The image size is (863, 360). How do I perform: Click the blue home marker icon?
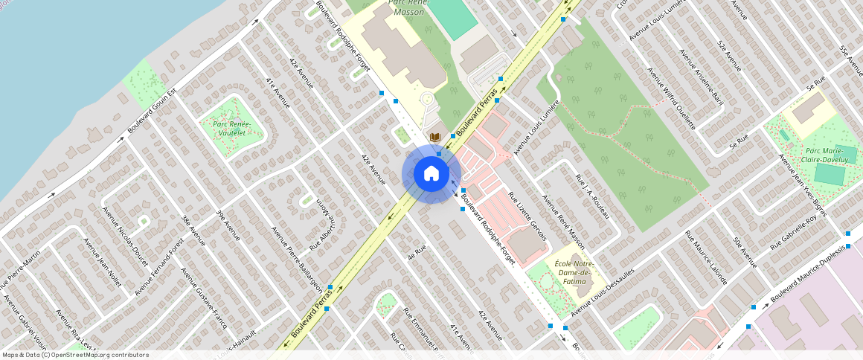click(431, 174)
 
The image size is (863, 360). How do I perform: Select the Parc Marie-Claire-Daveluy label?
click(827, 155)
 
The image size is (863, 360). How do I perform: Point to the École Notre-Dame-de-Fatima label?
click(574, 273)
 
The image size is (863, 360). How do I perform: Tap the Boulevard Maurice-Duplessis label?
click(814, 271)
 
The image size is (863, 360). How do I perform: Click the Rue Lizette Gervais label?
click(527, 216)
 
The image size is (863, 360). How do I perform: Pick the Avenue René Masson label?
click(563, 222)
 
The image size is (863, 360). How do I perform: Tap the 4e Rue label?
click(416, 251)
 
